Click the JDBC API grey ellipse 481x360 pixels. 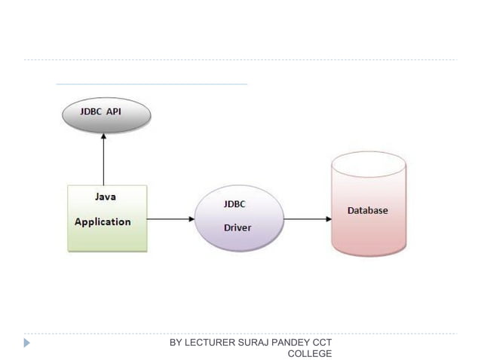click(x=106, y=117)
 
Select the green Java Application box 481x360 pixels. click(x=106, y=218)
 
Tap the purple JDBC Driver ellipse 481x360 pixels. click(x=239, y=218)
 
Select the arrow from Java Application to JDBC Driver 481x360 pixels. click(x=170, y=219)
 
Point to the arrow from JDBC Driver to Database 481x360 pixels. click(x=307, y=219)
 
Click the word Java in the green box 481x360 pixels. click(x=105, y=197)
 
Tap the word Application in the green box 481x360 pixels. click(x=103, y=221)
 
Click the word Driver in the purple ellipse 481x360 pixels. click(x=237, y=227)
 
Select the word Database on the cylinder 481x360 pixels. click(x=367, y=210)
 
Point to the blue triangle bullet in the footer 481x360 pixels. click(x=27, y=343)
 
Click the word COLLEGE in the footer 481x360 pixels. click(x=310, y=353)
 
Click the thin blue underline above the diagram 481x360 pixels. click(x=151, y=84)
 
